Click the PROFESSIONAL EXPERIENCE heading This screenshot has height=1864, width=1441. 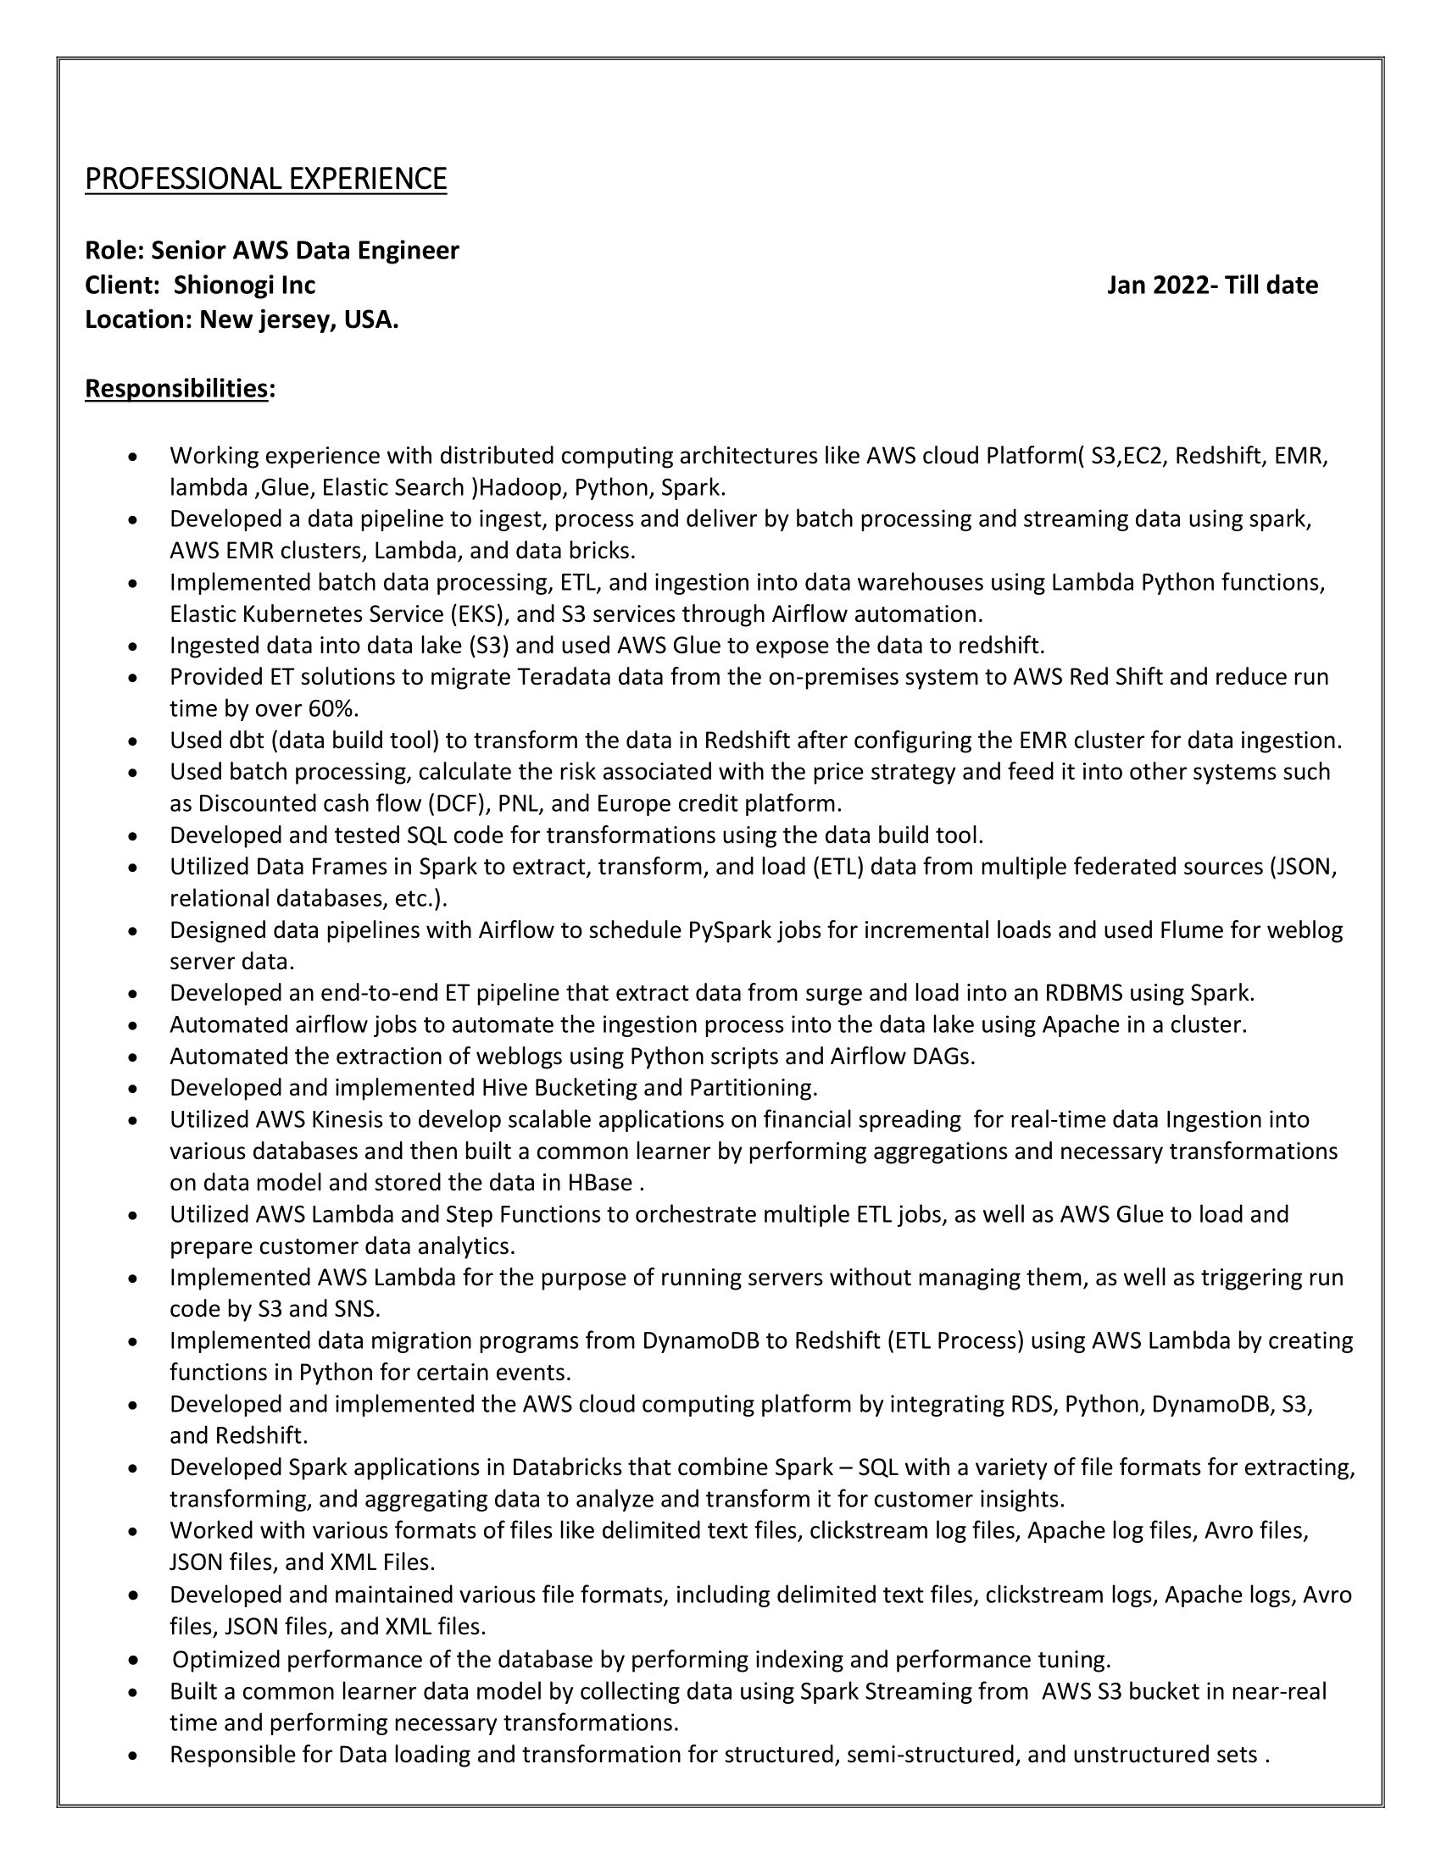point(265,179)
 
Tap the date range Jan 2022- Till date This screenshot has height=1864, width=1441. point(1212,285)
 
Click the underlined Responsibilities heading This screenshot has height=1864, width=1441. point(176,388)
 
